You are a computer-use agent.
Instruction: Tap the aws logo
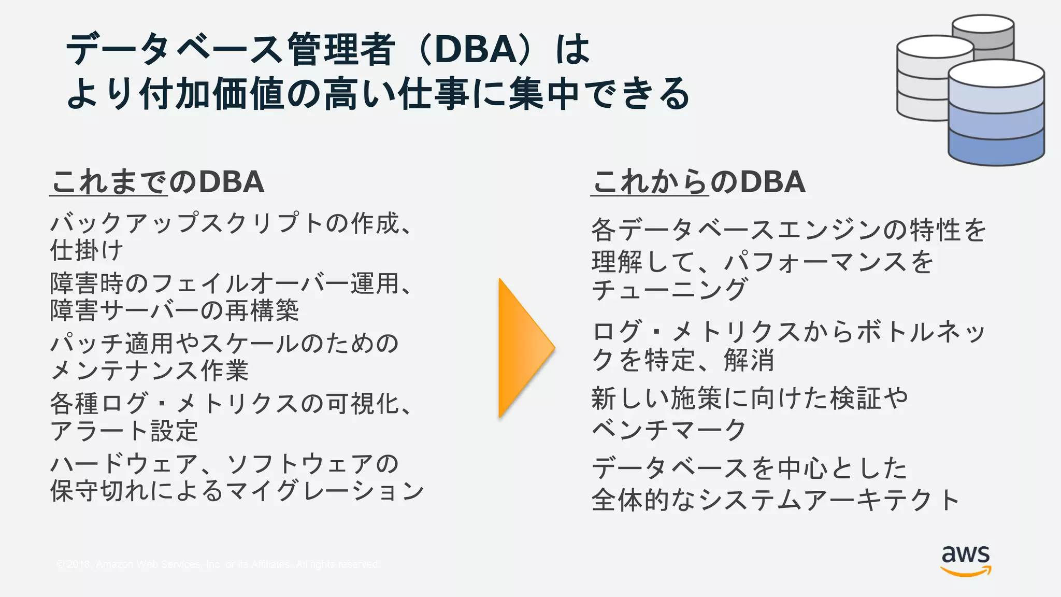(966, 560)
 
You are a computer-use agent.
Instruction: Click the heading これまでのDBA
(157, 182)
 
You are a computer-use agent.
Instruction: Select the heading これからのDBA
(698, 182)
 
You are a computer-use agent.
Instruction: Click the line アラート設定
(124, 431)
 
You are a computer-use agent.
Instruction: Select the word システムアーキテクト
(829, 500)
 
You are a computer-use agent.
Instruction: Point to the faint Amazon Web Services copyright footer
(218, 564)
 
